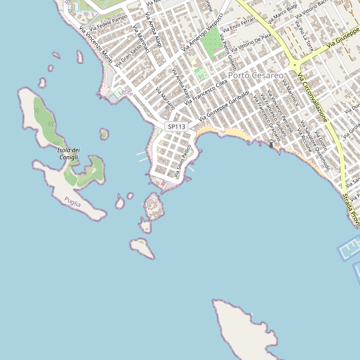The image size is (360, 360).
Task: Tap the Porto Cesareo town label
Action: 256,76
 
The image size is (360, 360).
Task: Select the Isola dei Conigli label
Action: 68,154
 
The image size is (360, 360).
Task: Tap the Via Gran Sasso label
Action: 127,56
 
